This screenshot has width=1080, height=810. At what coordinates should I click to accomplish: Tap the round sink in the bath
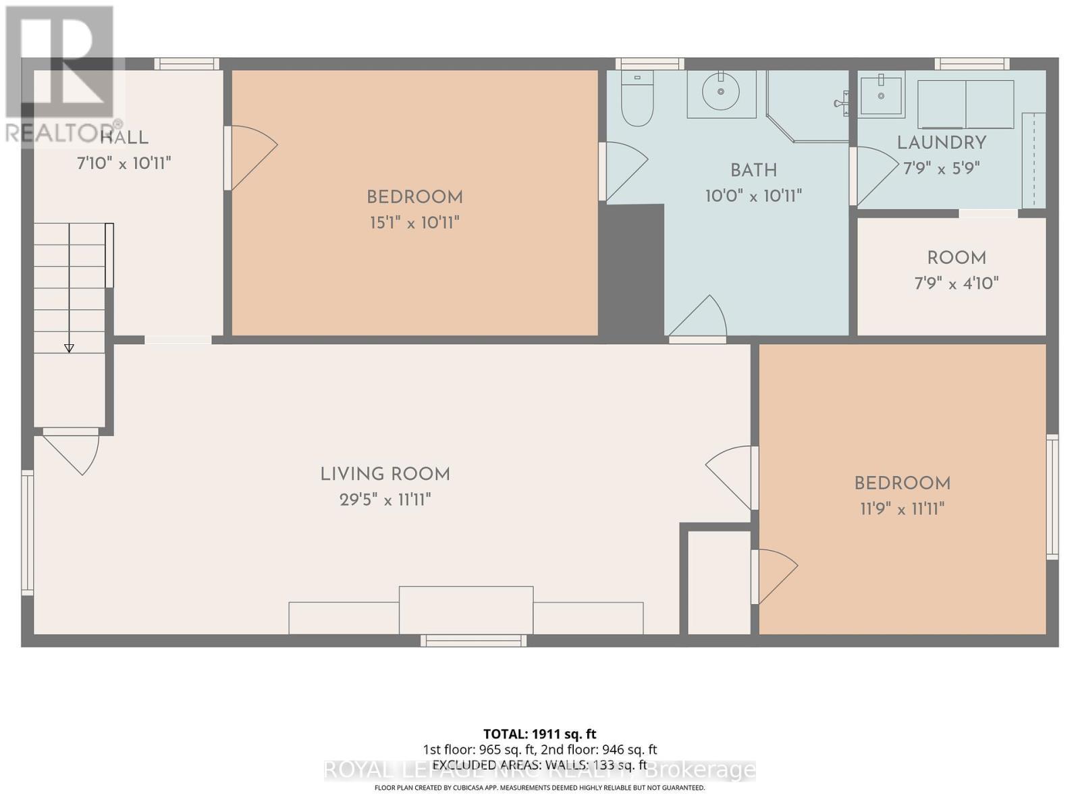pos(721,92)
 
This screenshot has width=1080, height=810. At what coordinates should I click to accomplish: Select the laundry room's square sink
pos(881,94)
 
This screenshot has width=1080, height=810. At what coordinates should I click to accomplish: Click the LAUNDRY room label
pos(941,142)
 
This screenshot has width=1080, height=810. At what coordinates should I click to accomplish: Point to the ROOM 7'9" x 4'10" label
pos(956,270)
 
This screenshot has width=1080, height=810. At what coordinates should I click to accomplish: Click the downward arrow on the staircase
pos(69,347)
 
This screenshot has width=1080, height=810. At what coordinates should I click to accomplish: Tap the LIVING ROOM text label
pos(385,475)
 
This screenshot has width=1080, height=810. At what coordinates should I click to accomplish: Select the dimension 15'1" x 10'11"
pos(414,223)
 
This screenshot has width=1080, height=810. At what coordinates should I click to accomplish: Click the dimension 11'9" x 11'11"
pos(902,508)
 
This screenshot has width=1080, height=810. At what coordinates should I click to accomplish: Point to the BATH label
pos(753,170)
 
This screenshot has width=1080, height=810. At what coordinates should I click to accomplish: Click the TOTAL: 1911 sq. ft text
pos(539,734)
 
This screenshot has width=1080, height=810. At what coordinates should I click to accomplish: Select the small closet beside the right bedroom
pos(719,582)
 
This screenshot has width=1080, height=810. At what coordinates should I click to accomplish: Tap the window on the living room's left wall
pos(27,533)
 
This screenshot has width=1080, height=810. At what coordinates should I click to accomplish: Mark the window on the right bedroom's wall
pos(1052,497)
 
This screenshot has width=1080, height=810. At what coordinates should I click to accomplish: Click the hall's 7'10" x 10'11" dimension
pos(124,163)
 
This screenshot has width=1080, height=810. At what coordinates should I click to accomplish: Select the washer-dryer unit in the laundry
pos(965,104)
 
